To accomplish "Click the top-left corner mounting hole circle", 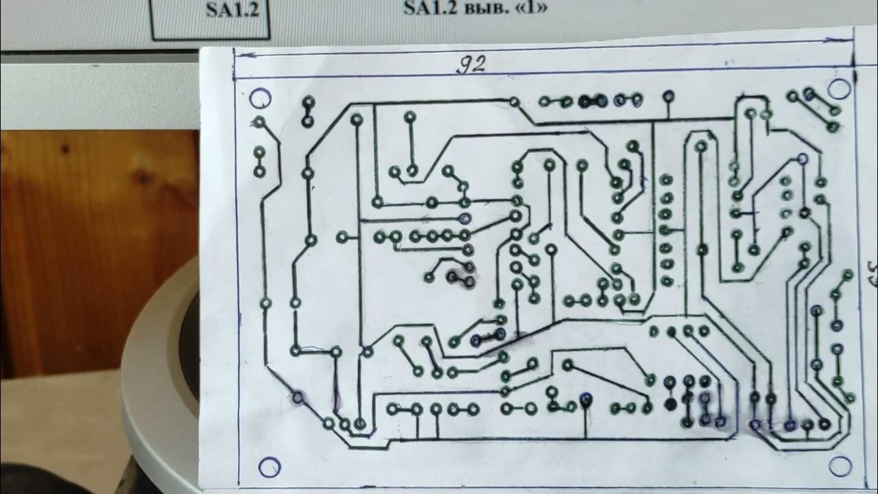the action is click(260, 99).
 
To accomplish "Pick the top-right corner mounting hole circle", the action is click(838, 89).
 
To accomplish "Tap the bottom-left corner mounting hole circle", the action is click(269, 467).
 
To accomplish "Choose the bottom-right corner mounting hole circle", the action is click(840, 466).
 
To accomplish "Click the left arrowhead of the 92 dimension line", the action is click(239, 55).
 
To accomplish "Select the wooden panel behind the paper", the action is click(96, 240).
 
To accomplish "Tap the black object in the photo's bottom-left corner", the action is click(41, 480).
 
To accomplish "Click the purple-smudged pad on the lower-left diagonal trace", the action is click(298, 397).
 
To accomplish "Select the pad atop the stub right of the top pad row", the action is click(667, 96).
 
